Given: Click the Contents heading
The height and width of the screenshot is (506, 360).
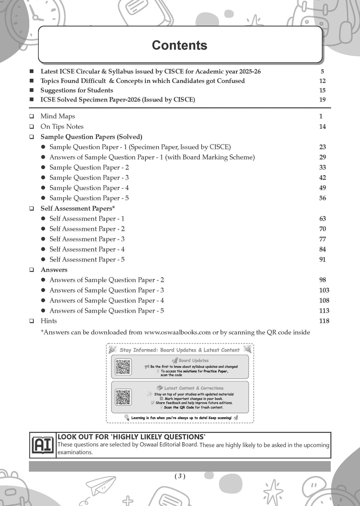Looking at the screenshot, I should pyautogui.click(x=179, y=45).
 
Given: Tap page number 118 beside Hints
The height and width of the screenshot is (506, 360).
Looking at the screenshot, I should pyautogui.click(x=324, y=321).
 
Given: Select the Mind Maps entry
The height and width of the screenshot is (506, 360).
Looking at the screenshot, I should pyautogui.click(x=58, y=116).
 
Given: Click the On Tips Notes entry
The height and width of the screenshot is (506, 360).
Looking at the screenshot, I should pyautogui.click(x=62, y=126).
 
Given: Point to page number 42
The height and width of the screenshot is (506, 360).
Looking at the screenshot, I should pyautogui.click(x=322, y=177).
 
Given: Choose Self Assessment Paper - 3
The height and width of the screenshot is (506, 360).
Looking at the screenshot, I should pyautogui.click(x=87, y=239).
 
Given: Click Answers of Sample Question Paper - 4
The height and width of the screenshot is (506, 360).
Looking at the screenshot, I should pyautogui.click(x=107, y=300).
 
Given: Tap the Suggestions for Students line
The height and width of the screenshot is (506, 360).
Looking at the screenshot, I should pyautogui.click(x=77, y=90).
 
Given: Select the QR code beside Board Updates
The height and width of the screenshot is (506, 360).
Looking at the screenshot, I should pyautogui.click(x=123, y=367).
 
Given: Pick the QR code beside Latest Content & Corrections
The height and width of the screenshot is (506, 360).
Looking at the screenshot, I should pyautogui.click(x=123, y=397).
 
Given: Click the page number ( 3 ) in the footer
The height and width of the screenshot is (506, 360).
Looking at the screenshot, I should pyautogui.click(x=180, y=476).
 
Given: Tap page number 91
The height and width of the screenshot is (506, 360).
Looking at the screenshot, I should pyautogui.click(x=322, y=259).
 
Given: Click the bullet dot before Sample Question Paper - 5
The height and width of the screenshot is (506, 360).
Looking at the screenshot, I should pyautogui.click(x=43, y=198).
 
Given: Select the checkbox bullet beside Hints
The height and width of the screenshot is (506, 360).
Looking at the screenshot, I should pyautogui.click(x=32, y=321).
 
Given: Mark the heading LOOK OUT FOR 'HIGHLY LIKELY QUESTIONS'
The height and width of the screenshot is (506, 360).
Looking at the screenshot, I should pyautogui.click(x=131, y=437).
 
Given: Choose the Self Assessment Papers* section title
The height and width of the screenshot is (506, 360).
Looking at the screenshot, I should pyautogui.click(x=78, y=208).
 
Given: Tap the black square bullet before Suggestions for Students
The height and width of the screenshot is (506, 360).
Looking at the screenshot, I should pyautogui.click(x=32, y=90).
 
